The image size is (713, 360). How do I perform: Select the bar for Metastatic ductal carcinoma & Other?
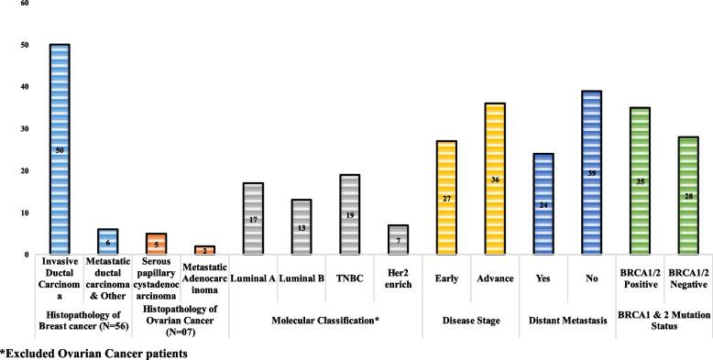click(108, 242)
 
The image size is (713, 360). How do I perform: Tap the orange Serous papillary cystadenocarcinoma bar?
click(157, 244)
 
